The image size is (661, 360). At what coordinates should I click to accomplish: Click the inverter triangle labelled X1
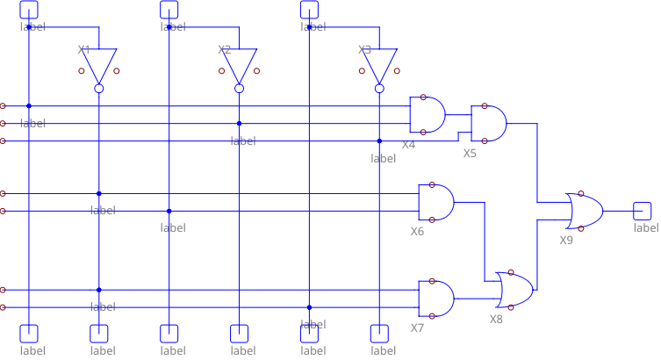99,64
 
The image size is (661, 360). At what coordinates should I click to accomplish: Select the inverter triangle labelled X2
239,64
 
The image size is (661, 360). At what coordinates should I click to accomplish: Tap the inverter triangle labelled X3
379,64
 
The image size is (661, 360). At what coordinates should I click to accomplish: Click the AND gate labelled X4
427,114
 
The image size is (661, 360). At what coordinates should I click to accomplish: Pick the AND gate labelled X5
488,123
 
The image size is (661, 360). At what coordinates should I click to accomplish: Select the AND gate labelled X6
436,202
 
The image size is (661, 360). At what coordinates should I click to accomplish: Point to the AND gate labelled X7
436,299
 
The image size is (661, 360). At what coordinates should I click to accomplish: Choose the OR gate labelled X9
585,210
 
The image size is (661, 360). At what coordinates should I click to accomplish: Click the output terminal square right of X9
643,211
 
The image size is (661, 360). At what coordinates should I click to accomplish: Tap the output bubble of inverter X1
99,88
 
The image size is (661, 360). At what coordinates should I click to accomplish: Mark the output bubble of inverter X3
379,88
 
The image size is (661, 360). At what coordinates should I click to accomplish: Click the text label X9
566,240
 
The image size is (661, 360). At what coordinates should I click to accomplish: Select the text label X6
417,232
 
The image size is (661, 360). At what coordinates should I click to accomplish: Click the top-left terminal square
29,9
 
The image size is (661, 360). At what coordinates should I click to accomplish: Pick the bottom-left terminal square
29,333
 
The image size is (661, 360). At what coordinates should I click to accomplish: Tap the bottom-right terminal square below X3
379,333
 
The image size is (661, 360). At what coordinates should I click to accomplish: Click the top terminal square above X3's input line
309,9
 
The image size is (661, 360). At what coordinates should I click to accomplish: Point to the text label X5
470,153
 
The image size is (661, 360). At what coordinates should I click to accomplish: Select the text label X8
496,320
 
